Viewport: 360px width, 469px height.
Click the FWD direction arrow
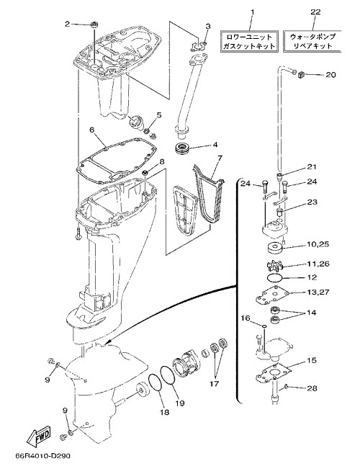tap(39, 435)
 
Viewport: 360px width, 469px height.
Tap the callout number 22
tap(315, 12)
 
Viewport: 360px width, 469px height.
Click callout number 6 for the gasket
tap(91, 130)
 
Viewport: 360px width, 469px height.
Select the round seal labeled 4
tap(182, 148)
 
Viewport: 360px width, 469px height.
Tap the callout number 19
tap(180, 403)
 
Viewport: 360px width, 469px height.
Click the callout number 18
tap(164, 413)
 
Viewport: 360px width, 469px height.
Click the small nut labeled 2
tap(94, 25)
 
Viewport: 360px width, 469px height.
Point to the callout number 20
tap(330, 74)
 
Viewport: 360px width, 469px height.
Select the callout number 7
tap(220, 158)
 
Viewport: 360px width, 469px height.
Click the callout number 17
tap(214, 383)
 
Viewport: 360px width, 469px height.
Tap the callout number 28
tap(312, 388)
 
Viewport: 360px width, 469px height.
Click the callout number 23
tap(312, 202)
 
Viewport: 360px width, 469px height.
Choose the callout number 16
tap(246, 318)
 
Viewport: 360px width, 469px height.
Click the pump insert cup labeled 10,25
tap(275, 249)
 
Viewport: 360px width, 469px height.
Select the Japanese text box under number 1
tap(250, 41)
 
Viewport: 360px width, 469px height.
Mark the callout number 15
tap(312, 360)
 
